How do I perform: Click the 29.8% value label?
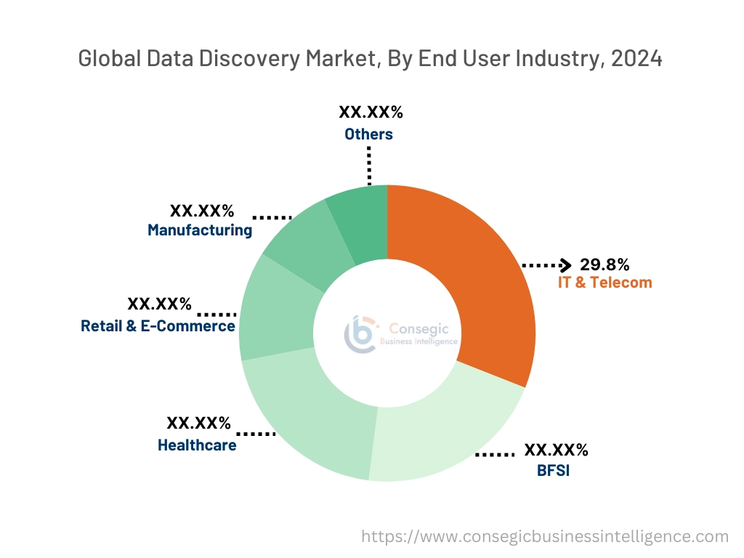(604, 264)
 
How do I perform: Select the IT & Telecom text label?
(604, 283)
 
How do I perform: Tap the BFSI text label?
(553, 470)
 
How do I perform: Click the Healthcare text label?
(197, 445)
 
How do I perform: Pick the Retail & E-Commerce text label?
(158, 325)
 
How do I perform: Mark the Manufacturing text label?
(200, 230)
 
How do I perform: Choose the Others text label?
(368, 134)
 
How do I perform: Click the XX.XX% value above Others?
(371, 113)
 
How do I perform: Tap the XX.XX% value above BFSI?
(556, 450)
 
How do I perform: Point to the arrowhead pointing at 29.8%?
(566, 264)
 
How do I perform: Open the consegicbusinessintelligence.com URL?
(545, 536)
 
